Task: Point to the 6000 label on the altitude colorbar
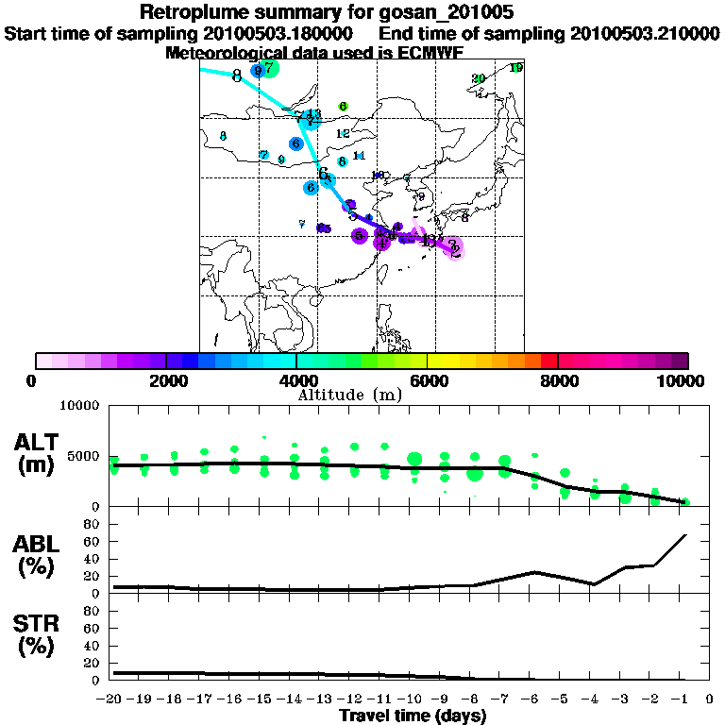pos(429,380)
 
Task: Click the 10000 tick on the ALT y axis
pos(80,406)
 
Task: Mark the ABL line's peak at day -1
pos(685,535)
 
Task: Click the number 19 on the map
pos(515,68)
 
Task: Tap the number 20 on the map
pos(478,78)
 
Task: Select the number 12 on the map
pos(343,134)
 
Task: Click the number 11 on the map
pos(359,156)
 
